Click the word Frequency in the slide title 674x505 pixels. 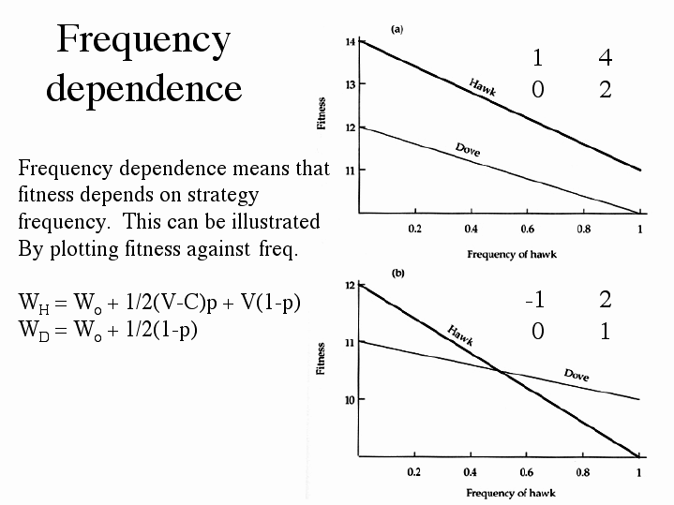[x=143, y=40]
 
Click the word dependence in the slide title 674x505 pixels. [x=143, y=88]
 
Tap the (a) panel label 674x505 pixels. [x=397, y=29]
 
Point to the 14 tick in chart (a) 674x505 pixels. [x=350, y=42]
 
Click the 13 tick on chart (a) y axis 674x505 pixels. [x=350, y=84]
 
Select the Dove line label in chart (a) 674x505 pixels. [x=468, y=149]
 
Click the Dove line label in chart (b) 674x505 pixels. [x=577, y=375]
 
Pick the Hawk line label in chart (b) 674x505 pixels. [x=459, y=334]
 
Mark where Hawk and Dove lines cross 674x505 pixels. [x=501, y=373]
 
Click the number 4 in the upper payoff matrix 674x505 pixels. [x=605, y=58]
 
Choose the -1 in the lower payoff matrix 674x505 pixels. [x=535, y=300]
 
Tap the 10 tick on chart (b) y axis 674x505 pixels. [x=350, y=400]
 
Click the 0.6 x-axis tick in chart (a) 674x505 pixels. [x=527, y=229]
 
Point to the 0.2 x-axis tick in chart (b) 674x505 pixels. [x=413, y=471]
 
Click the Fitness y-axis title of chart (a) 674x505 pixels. [x=322, y=113]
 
